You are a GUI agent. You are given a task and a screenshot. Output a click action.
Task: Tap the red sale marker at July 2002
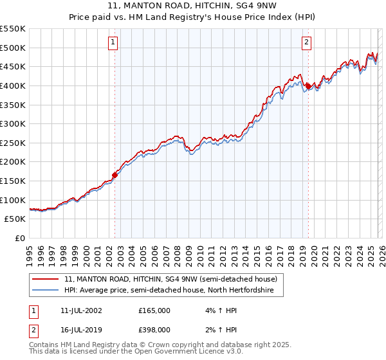pyautogui.click(x=115, y=174)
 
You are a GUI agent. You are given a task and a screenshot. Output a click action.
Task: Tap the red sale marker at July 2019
pyautogui.click(x=308, y=85)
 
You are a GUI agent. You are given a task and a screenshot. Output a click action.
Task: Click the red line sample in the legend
pyautogui.click(x=46, y=280)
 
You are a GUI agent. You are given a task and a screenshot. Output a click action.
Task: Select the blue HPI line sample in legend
pyautogui.click(x=46, y=291)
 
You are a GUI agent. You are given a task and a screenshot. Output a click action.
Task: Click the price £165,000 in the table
pyautogui.click(x=154, y=310)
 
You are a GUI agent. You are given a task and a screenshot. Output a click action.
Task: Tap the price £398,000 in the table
pyautogui.click(x=154, y=330)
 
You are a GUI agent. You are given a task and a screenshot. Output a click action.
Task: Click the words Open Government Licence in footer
pyautogui.click(x=176, y=353)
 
